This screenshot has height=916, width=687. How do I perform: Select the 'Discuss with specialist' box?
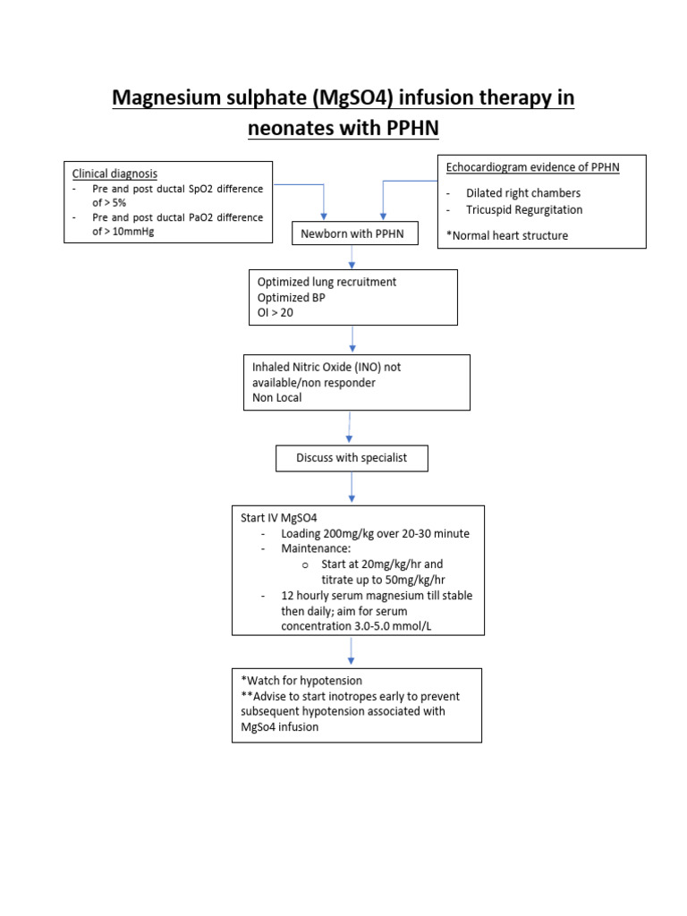352,458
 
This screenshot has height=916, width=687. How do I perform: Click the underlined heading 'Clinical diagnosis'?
114,174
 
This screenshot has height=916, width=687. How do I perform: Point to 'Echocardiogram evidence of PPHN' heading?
533,167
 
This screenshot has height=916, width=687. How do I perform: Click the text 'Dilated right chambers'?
522,193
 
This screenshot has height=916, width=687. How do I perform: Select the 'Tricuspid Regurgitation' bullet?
523,210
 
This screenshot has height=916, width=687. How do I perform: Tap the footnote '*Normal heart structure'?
507,235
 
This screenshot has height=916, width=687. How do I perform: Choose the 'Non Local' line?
277,397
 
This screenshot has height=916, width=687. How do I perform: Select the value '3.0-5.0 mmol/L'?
392,626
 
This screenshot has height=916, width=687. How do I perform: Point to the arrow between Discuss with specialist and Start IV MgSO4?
352,488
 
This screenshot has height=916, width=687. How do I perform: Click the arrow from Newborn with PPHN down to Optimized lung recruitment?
353,258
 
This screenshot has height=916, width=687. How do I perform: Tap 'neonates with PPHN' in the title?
343,129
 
